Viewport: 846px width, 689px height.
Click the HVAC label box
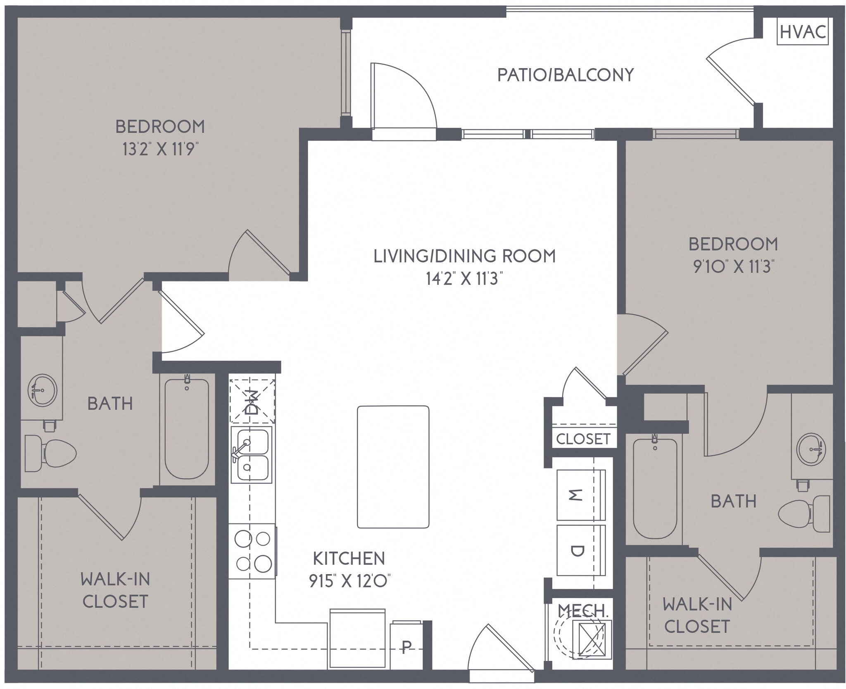click(x=803, y=32)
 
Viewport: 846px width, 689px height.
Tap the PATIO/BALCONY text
click(x=565, y=75)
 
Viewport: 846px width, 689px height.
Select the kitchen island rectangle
click(x=393, y=467)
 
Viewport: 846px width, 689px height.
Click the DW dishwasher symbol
click(x=252, y=402)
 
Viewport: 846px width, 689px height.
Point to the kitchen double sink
click(x=251, y=455)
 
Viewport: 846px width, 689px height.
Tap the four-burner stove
click(x=252, y=551)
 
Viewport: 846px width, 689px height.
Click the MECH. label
click(x=583, y=611)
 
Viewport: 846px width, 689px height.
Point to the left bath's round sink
click(x=43, y=390)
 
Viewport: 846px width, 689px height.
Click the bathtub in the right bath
click(x=655, y=489)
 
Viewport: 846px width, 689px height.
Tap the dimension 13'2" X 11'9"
click(x=158, y=149)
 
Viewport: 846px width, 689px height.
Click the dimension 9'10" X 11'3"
click(x=733, y=267)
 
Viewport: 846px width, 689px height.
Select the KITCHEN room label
click(x=349, y=558)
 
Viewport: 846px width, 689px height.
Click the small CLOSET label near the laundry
click(x=583, y=439)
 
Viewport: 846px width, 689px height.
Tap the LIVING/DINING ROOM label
click(x=464, y=256)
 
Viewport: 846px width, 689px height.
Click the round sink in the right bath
click(x=811, y=449)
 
